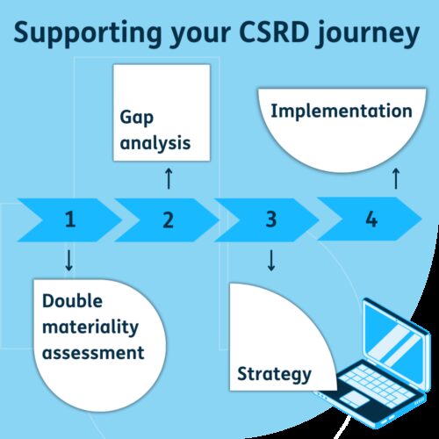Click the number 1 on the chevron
[x=69, y=219]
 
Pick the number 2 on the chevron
[x=168, y=219]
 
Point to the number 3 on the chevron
[x=271, y=219]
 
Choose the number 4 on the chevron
[x=371, y=219]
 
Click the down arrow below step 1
[x=69, y=261]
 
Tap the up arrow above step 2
[x=168, y=179]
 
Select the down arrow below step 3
[x=271, y=261]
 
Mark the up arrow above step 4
[x=395, y=178]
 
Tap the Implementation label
[x=341, y=112]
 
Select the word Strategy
[x=274, y=375]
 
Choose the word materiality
[x=90, y=327]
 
